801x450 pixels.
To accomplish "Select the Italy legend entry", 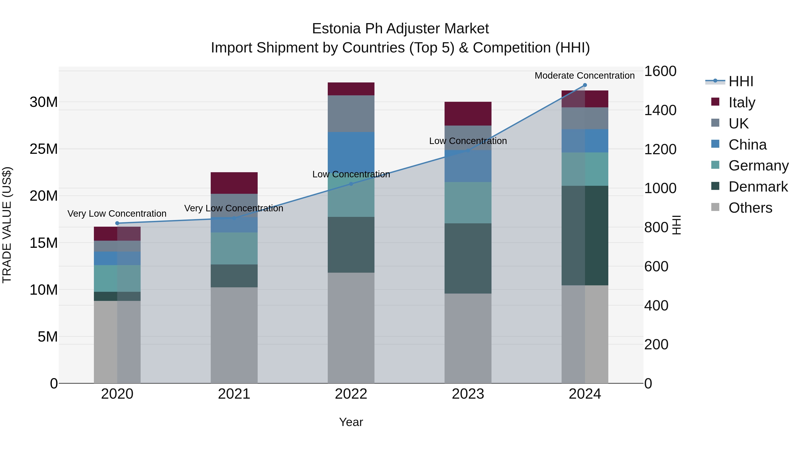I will [x=742, y=102].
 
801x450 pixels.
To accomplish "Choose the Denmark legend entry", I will [x=758, y=187].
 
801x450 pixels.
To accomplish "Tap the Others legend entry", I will [x=750, y=208].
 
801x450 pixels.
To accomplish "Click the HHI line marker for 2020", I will [x=117, y=223].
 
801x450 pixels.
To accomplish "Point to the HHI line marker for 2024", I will [x=585, y=85].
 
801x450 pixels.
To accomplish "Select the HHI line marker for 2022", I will [x=351, y=184].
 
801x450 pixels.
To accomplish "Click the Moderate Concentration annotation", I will [x=585, y=76].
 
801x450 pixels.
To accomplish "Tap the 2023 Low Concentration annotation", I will [x=468, y=141].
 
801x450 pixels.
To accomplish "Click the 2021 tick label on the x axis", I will [x=234, y=394].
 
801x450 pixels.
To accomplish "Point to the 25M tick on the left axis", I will [x=44, y=149].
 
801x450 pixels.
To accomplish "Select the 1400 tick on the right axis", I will [x=660, y=110].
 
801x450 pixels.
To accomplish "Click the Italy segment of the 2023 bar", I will [x=468, y=114].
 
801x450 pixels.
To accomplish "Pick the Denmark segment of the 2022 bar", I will [x=351, y=245].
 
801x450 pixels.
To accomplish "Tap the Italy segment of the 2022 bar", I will [x=351, y=89].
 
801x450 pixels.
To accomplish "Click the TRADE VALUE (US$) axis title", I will [x=7, y=225].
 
